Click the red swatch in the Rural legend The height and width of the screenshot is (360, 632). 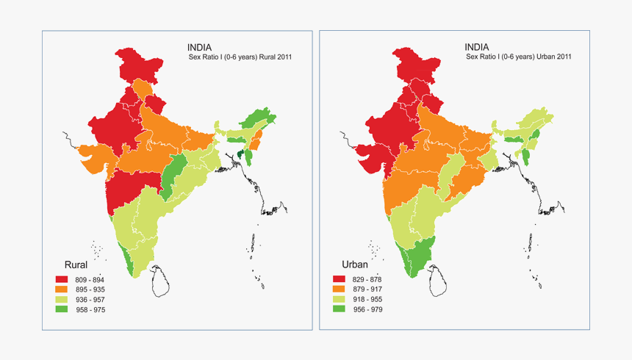62,279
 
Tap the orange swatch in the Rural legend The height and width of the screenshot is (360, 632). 62,289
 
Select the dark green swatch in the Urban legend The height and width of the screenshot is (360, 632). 339,310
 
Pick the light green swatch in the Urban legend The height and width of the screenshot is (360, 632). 339,300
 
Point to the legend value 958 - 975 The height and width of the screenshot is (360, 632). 92,310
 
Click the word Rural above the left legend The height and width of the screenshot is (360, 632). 77,264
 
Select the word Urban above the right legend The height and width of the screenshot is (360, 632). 356,264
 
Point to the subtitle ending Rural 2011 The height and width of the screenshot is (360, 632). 237,57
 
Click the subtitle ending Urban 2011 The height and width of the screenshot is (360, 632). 519,56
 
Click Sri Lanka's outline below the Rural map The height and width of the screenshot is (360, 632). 162,281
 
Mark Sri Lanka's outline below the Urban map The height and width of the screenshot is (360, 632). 439,281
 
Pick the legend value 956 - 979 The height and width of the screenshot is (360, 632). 369,310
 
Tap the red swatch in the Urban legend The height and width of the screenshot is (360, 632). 339,279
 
